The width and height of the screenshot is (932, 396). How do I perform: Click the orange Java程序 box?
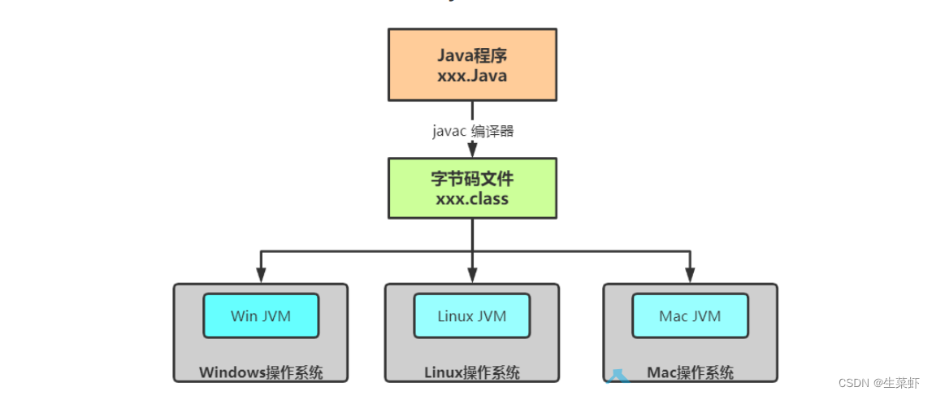(472, 65)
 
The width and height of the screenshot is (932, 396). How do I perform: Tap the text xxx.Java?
(472, 76)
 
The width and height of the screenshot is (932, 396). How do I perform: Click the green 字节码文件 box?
(472, 188)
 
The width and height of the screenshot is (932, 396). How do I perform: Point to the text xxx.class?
(472, 198)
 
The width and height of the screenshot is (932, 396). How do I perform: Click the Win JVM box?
(261, 315)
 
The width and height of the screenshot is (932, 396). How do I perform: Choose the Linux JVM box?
(471, 315)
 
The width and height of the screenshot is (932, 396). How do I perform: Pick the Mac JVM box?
(690, 315)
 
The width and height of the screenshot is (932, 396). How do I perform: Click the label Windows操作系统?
(261, 373)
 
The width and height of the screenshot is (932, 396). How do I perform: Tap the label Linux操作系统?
(471, 373)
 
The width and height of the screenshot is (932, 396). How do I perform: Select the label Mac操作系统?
(690, 373)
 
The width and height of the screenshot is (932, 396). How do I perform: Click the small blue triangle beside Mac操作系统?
(618, 375)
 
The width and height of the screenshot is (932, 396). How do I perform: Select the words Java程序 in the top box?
(472, 56)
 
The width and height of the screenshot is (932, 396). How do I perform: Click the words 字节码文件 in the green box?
(472, 179)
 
